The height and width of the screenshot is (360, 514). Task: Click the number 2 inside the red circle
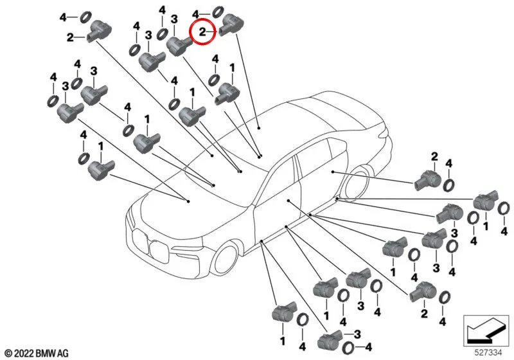(202, 32)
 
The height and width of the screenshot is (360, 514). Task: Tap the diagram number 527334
(488, 353)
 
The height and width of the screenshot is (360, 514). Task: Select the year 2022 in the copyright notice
(24, 354)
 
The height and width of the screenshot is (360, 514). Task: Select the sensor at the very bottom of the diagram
(330, 340)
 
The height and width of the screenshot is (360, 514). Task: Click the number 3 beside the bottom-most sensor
(357, 334)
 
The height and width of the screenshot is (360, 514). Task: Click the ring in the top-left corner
(85, 17)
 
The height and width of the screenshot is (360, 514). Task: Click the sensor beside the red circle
(231, 25)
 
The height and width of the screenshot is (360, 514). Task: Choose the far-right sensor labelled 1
(486, 201)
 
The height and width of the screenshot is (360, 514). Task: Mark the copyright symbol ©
(9, 354)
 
